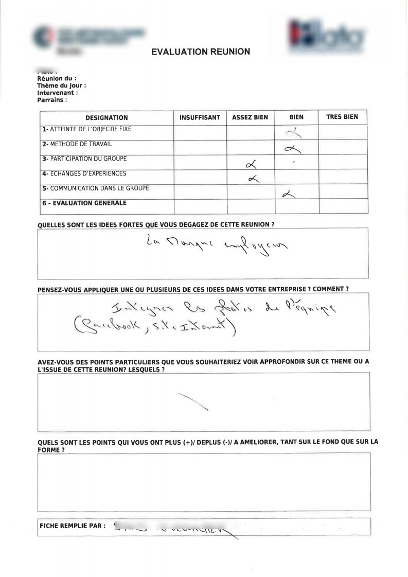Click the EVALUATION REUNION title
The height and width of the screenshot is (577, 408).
[201, 51]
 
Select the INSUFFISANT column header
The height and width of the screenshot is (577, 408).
[200, 117]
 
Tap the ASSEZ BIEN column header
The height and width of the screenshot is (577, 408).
[250, 117]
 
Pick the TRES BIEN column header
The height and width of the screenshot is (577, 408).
[342, 117]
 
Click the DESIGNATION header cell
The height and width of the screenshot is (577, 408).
[107, 118]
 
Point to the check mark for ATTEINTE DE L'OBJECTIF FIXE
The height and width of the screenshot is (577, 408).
[294, 134]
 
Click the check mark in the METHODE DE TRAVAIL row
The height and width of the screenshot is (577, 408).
[292, 149]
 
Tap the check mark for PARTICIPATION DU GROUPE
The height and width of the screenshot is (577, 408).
[252, 165]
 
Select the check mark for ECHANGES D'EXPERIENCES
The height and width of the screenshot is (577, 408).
[253, 179]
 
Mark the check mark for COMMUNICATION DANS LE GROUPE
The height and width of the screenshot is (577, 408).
[289, 194]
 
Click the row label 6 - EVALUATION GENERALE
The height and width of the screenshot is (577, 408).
[84, 203]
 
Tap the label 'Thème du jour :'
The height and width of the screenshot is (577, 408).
[61, 85]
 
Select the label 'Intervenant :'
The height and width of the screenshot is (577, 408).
[58, 93]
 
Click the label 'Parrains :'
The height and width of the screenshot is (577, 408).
[52, 100]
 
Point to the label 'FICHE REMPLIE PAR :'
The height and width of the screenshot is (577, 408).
[73, 526]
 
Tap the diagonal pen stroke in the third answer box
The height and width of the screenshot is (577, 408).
[192, 401]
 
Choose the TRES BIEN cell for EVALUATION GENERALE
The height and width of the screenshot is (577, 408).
[342, 206]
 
